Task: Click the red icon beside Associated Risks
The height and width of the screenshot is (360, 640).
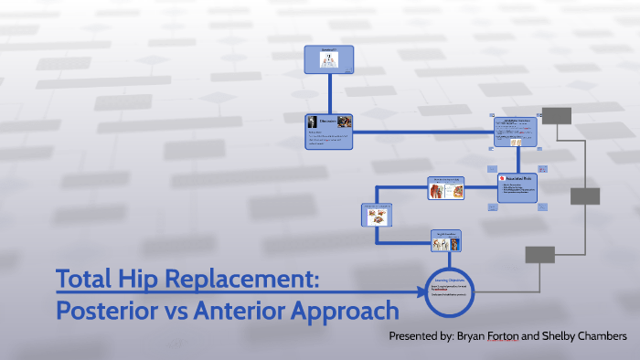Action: (503, 179)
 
